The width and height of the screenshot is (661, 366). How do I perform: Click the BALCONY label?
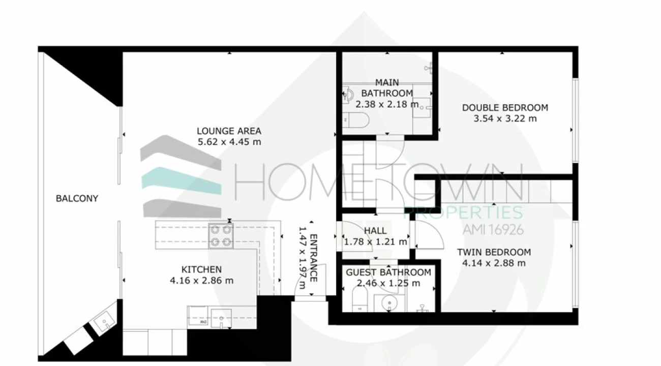[x=77, y=198]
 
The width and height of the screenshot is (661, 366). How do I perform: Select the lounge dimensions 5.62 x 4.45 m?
[x=229, y=142]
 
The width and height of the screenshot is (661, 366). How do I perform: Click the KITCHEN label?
[x=201, y=269]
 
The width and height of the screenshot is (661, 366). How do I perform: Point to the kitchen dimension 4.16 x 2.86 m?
[x=201, y=281]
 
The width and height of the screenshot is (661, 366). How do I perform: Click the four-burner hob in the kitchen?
[x=221, y=236]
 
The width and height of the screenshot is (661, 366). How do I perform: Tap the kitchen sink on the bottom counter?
[x=221, y=318]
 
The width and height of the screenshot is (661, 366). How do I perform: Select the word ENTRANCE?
[x=313, y=258]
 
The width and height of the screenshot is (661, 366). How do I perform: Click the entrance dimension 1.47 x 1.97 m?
[x=303, y=258]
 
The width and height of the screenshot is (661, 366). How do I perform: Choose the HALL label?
[x=375, y=231]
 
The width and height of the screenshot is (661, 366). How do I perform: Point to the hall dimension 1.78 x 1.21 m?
[x=375, y=242]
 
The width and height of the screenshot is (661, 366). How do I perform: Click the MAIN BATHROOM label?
[x=387, y=87]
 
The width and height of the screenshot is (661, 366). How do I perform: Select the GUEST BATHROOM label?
[x=388, y=272]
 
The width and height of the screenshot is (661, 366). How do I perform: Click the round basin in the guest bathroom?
[x=389, y=304]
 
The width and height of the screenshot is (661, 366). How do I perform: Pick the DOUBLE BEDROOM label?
[x=504, y=108]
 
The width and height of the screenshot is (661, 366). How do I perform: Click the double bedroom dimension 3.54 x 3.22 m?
[x=504, y=119]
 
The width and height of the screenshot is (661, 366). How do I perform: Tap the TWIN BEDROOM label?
[x=493, y=252]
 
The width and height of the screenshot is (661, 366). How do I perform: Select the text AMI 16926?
[x=493, y=230]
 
